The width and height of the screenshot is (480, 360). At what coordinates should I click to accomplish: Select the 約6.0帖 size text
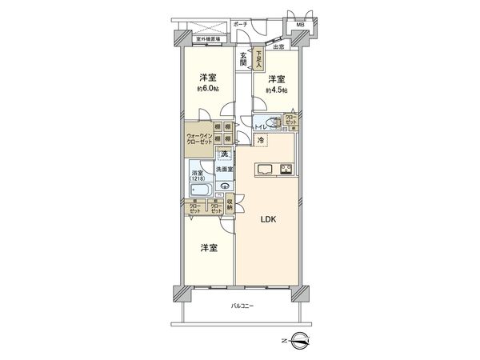tap(209, 90)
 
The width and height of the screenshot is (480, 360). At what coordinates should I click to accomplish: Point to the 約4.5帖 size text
tap(276, 90)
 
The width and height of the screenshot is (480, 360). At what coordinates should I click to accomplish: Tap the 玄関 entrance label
tap(242, 61)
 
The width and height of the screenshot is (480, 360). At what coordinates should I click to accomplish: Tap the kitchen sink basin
tap(266, 168)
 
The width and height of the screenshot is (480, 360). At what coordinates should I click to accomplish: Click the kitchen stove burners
tap(287, 168)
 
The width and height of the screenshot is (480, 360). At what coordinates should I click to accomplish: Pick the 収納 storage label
tap(230, 204)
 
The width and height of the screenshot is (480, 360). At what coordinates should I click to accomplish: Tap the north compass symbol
tap(300, 342)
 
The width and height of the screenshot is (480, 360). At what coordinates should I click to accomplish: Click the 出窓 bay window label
tap(278, 49)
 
